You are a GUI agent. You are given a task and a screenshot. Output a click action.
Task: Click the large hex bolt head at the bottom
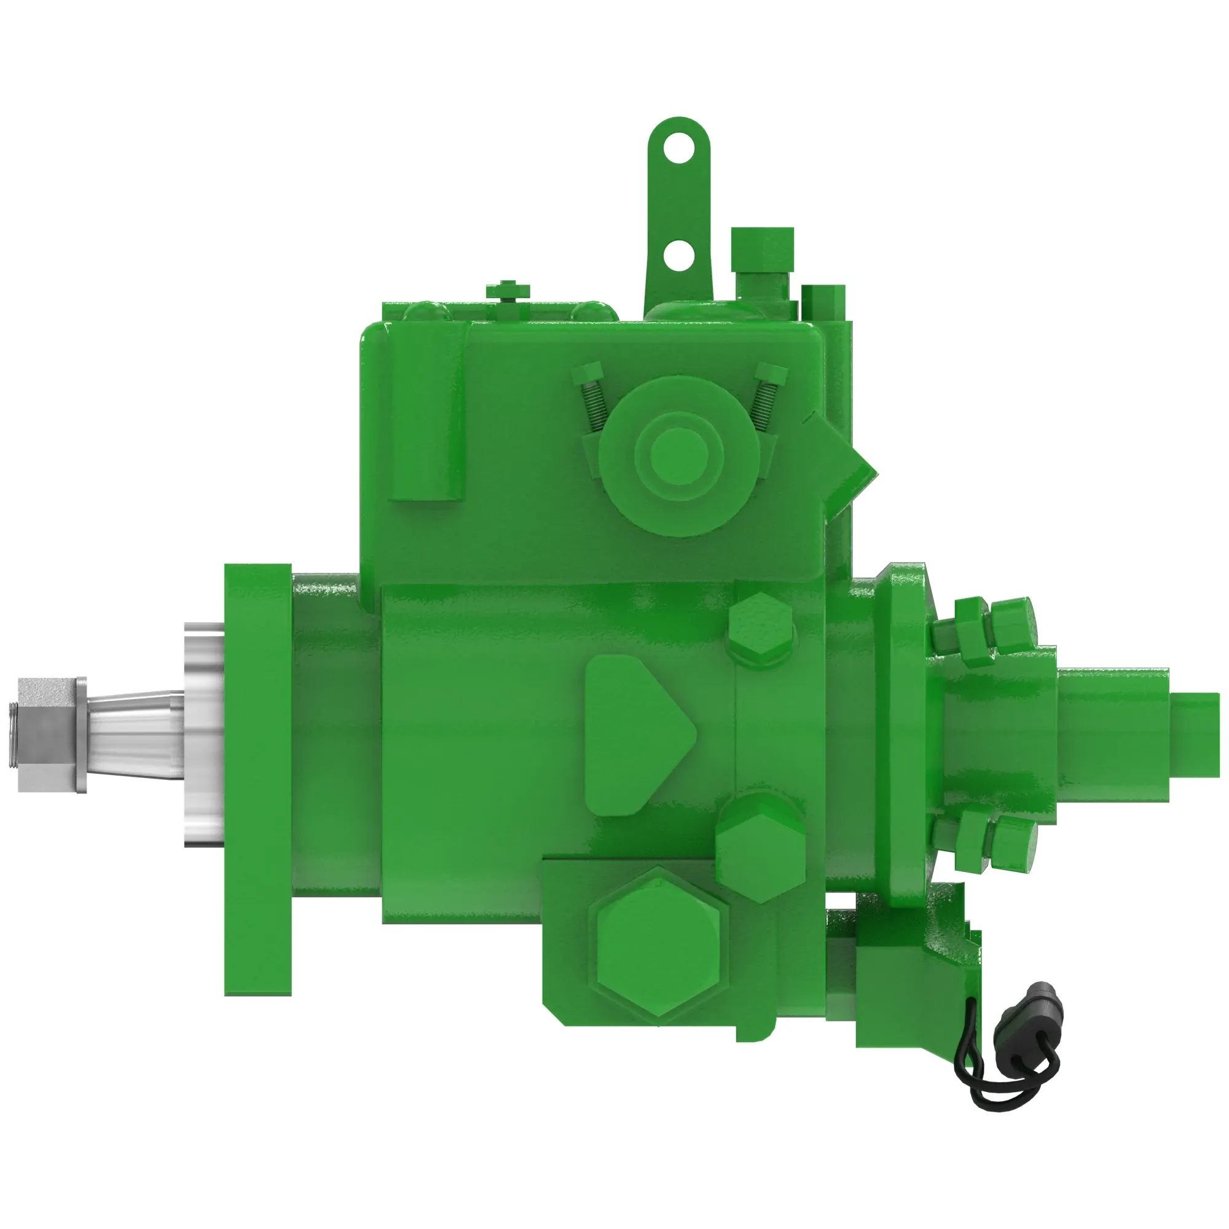coord(658,944)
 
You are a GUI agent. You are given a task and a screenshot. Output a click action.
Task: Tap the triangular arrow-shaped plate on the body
coord(633,735)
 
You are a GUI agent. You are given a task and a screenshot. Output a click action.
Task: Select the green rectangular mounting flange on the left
coord(257,779)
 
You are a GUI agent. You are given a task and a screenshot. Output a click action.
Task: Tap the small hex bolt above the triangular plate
coord(761,629)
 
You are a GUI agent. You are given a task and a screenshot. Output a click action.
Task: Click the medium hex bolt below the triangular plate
coord(760,847)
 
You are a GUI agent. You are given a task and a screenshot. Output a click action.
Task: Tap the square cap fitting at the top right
coord(762,249)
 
